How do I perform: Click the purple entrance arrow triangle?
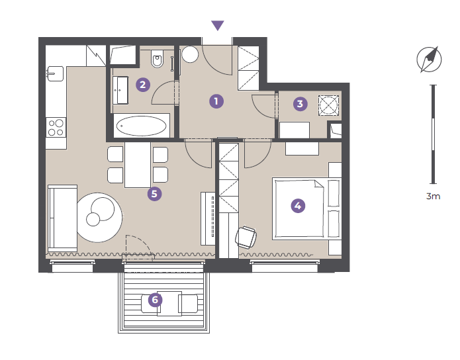point(217,25)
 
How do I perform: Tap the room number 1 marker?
point(216,101)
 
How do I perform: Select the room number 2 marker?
point(143,85)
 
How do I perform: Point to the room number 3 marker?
point(300,104)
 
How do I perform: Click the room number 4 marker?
point(298,206)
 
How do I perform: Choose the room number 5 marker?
point(155,194)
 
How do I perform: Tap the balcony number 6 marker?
point(155,300)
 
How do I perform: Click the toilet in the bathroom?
point(158,58)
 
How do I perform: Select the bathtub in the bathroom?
point(142,126)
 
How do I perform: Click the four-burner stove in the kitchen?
point(56,128)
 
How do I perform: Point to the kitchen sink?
point(55,73)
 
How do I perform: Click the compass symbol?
point(429,60)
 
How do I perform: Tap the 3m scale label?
point(433,196)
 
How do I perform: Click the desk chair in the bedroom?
point(246,237)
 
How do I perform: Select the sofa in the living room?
point(62,218)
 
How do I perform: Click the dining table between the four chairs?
point(138,165)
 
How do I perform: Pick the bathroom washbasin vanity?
point(120,90)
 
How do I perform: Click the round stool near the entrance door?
point(190,54)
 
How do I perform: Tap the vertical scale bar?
point(434,134)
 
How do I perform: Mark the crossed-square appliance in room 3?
point(328,105)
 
